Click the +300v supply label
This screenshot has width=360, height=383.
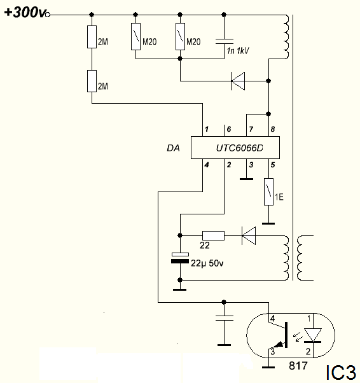tap(25, 13)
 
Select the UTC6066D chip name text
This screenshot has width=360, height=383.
tap(239, 148)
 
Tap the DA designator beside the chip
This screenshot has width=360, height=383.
tap(173, 148)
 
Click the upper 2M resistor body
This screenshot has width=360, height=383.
tap(92, 37)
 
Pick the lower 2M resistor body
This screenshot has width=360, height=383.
tap(92, 81)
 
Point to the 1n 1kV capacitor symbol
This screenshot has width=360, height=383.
tap(225, 41)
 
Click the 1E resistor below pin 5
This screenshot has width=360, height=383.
tap(268, 191)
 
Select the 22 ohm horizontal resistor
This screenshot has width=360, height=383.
tap(214, 235)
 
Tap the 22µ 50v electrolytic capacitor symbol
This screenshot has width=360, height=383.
tap(180, 258)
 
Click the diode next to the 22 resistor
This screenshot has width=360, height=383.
tap(249, 235)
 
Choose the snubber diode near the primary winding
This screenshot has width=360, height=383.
tap(238, 81)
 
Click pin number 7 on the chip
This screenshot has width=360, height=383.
tap(251, 129)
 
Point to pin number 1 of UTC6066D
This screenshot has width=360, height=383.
tap(207, 129)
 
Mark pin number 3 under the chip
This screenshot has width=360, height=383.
tap(251, 165)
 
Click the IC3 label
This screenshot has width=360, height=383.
tap(341, 373)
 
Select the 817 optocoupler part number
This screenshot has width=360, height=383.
tap(298, 366)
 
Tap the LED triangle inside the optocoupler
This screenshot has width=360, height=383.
tap(313, 335)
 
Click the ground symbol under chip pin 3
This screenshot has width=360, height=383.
tap(246, 179)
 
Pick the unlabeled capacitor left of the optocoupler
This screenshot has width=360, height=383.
tap(225, 318)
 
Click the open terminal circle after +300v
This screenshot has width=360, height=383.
tap(48, 15)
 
